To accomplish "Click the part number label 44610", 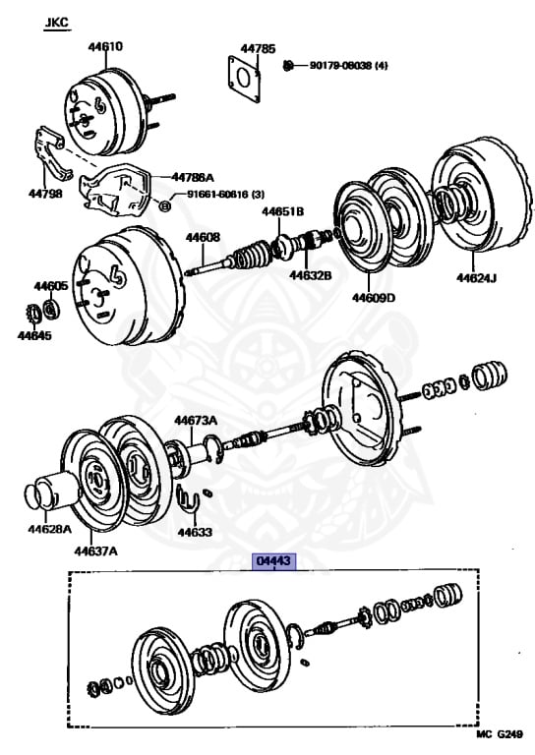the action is point(105,47).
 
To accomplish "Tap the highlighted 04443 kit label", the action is point(274,561).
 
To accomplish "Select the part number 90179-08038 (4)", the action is point(348,65).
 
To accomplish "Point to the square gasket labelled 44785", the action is point(244,79).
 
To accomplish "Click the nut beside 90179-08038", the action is point(288,65).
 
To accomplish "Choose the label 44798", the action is point(45,194).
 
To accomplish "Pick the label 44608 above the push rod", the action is point(203,237).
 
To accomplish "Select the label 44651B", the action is point(283,211).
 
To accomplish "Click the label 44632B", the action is point(310,275).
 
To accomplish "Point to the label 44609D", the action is point(374,298).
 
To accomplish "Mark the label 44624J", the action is point(476,278).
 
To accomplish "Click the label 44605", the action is point(50,286).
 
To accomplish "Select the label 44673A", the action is point(196,421).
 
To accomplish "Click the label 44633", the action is point(195,532).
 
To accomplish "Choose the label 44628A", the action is point(49,529).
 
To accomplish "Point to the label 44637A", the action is point(95,551).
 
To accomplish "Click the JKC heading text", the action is point(57,23).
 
